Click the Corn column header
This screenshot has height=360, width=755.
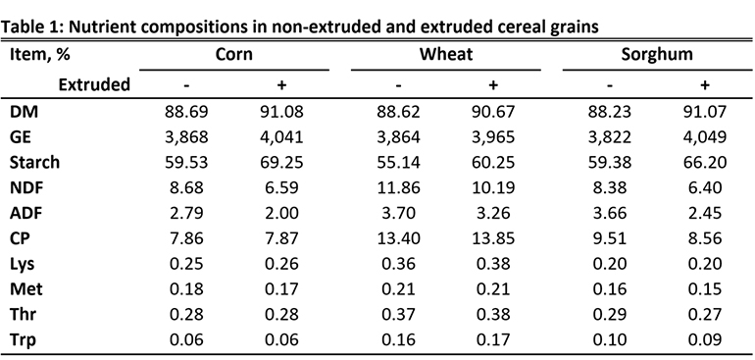pyautogui.click(x=233, y=55)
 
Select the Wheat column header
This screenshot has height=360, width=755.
pyautogui.click(x=446, y=55)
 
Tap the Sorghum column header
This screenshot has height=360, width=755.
pyautogui.click(x=657, y=55)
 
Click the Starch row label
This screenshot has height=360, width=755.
pyautogui.click(x=35, y=162)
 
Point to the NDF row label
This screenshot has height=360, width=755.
pyautogui.click(x=26, y=187)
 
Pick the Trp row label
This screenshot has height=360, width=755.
pyautogui.click(x=25, y=338)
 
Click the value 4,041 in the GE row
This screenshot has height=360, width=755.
pyautogui.click(x=281, y=136)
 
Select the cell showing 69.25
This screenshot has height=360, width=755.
pyautogui.click(x=281, y=162)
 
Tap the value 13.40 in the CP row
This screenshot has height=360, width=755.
pyautogui.click(x=398, y=237)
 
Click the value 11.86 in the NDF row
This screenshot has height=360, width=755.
pyautogui.click(x=398, y=187)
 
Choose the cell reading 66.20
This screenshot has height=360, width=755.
pyautogui.click(x=704, y=162)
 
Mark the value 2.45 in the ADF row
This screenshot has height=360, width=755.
pyautogui.click(x=704, y=212)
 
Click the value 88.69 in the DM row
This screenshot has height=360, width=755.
pyautogui.click(x=186, y=112)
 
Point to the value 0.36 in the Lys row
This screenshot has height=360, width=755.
pyautogui.click(x=398, y=263)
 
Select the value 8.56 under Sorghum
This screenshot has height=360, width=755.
pyautogui.click(x=704, y=237)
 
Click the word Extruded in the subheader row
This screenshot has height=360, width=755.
pyautogui.click(x=94, y=84)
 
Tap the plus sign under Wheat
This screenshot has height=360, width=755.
pyautogui.click(x=493, y=84)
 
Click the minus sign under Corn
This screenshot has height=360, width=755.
pyautogui.click(x=186, y=84)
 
